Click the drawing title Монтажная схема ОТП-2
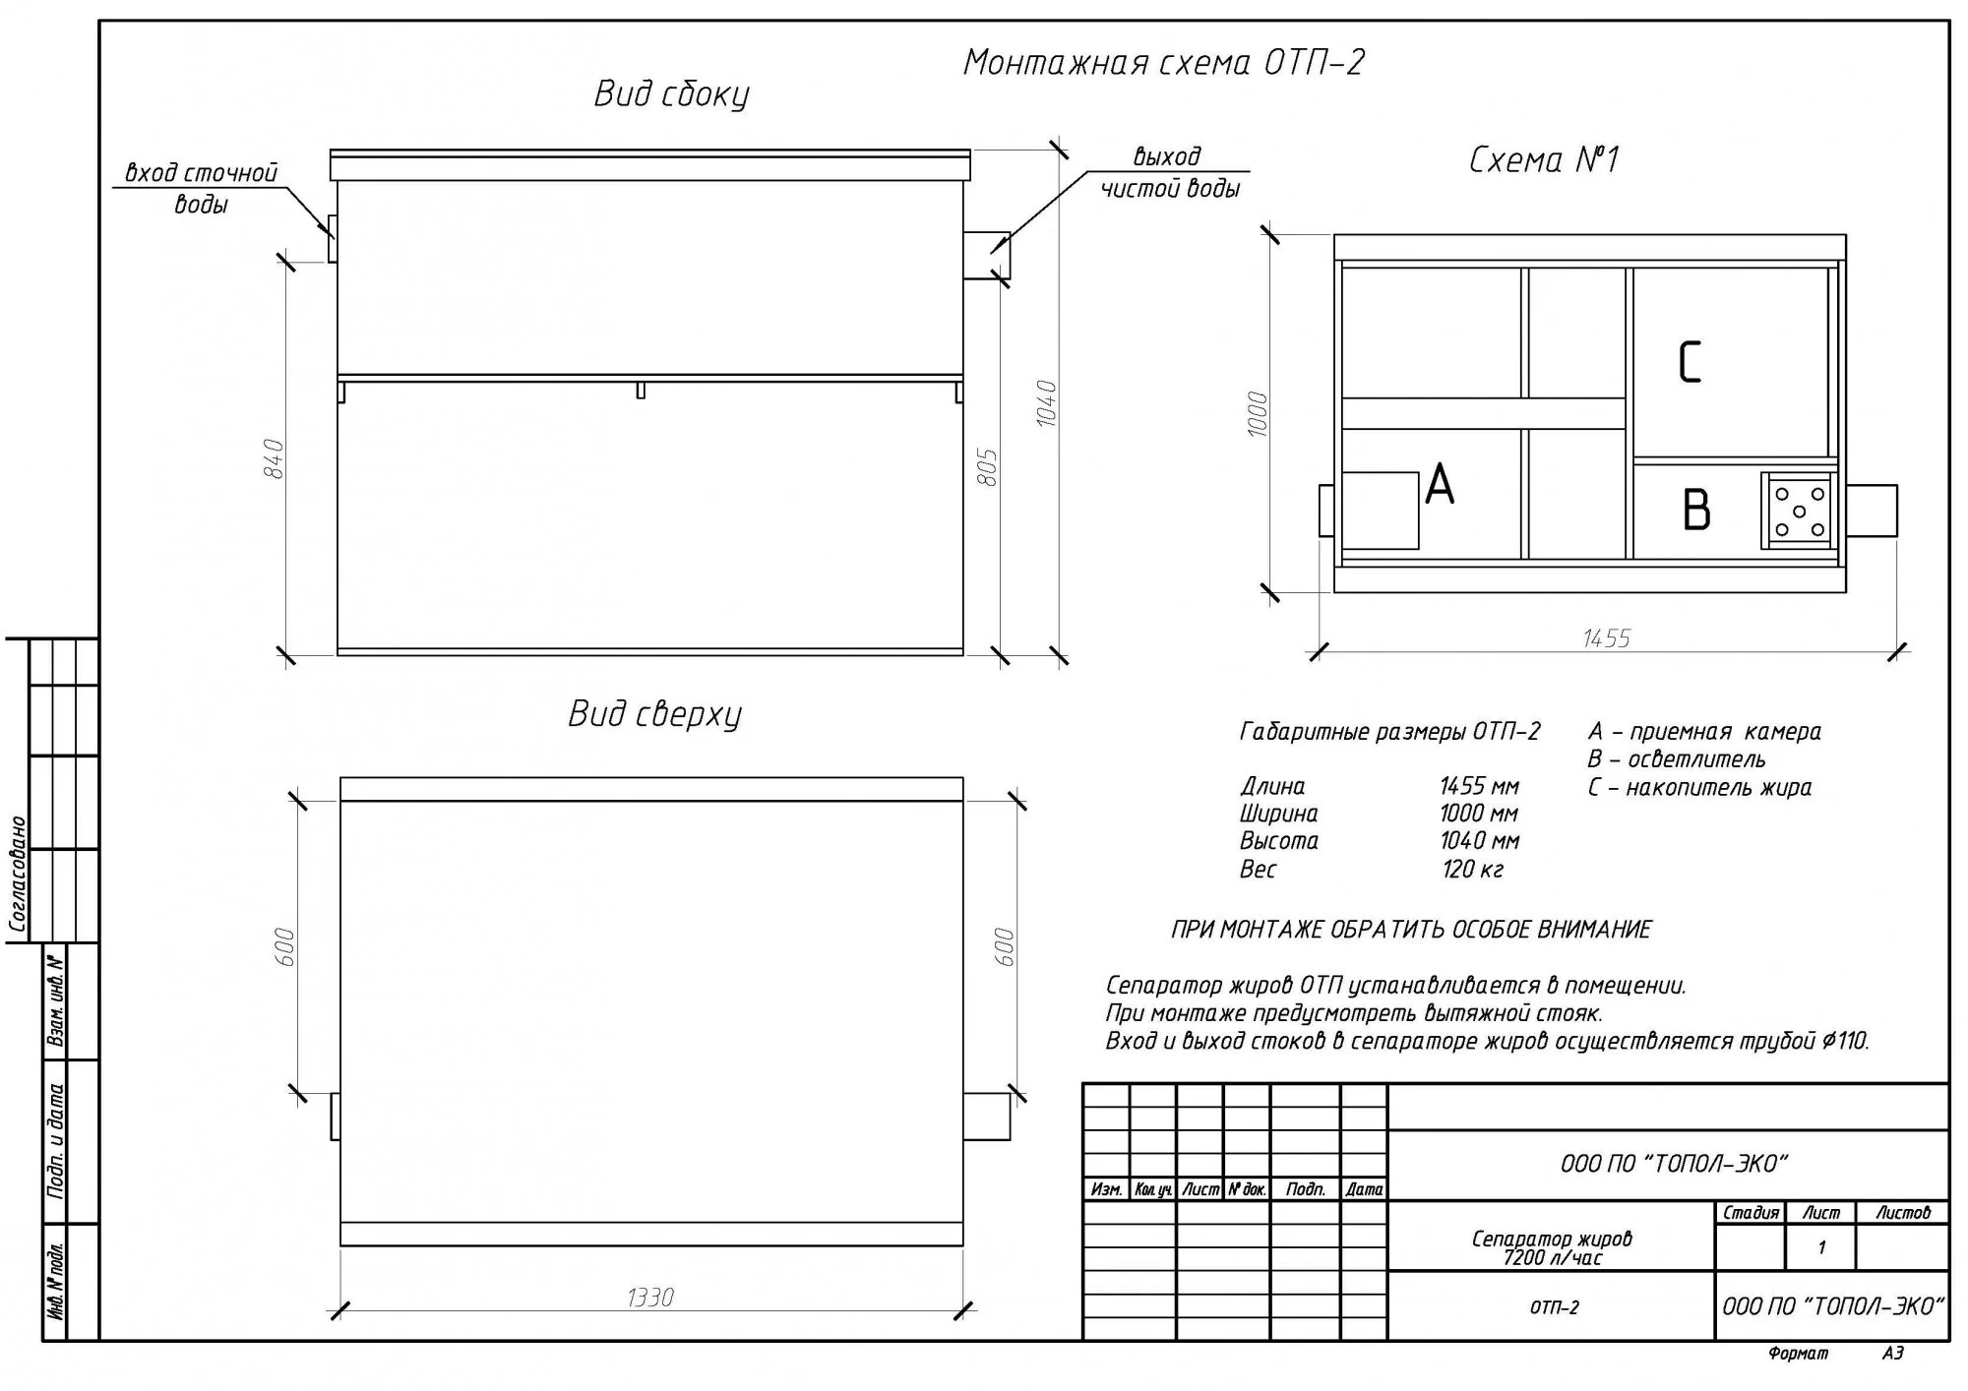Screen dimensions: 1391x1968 click(1163, 63)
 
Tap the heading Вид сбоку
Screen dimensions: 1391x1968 click(671, 94)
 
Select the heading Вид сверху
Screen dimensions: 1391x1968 click(654, 714)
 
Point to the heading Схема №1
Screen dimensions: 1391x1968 click(1543, 159)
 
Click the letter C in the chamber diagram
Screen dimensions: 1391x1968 click(1689, 362)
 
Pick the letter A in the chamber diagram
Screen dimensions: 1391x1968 click(1439, 485)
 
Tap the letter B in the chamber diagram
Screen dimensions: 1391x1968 click(1696, 511)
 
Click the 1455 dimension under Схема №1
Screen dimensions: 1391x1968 click(1606, 639)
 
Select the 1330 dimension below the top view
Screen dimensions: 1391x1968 click(649, 1299)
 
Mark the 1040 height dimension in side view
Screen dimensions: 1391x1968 click(1046, 402)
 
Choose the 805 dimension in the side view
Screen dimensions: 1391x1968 click(988, 467)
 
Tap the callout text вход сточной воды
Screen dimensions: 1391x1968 click(202, 188)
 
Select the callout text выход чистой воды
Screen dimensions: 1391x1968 click(1169, 172)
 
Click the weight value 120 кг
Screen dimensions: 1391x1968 click(1472, 870)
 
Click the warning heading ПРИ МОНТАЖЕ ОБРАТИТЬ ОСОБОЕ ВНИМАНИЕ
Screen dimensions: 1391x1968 click(1411, 930)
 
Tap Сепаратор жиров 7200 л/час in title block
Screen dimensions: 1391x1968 click(1552, 1247)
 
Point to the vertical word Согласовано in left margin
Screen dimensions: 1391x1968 click(18, 874)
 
